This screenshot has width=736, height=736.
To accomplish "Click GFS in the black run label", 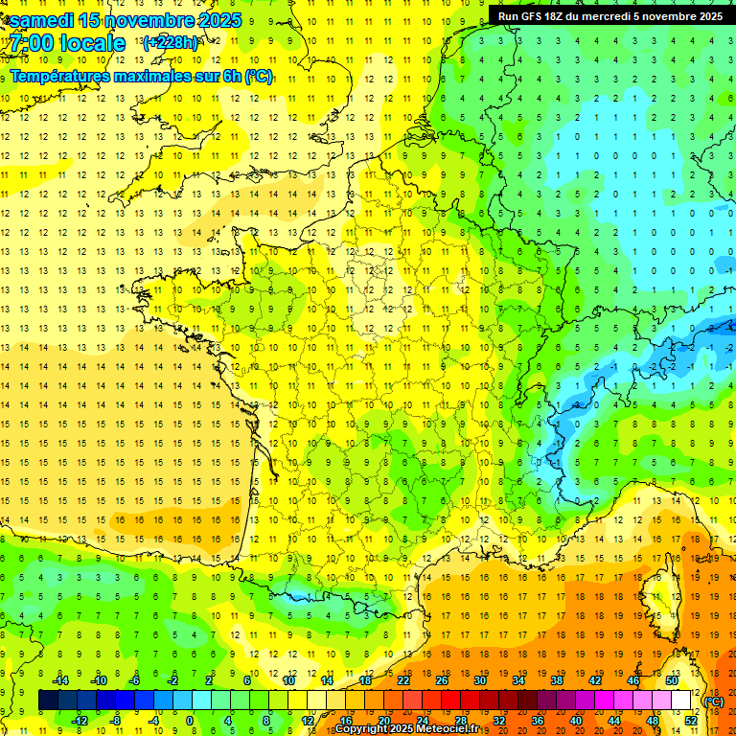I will pyautogui.click(x=537, y=16).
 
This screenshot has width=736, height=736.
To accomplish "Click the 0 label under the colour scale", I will pyautogui.click(x=190, y=720).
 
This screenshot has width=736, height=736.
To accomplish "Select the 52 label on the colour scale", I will pyautogui.click(x=691, y=720).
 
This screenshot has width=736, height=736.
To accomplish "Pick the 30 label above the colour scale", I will pyautogui.click(x=480, y=680).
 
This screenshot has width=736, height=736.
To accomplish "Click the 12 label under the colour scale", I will pyautogui.click(x=307, y=720).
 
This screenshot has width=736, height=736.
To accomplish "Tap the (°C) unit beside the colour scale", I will pyautogui.click(x=713, y=701).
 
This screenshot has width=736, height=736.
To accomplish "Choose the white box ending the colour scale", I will pyautogui.click(x=681, y=701).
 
